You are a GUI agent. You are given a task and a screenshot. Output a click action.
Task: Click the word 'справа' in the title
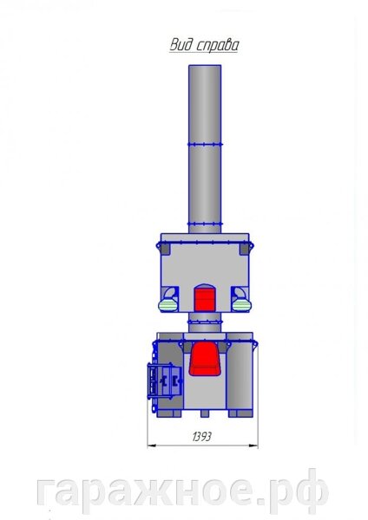217,46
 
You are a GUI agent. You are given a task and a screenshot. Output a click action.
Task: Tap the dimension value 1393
201,437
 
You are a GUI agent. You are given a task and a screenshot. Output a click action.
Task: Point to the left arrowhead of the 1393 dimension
151,446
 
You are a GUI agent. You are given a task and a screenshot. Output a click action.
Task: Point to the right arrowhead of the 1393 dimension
253,446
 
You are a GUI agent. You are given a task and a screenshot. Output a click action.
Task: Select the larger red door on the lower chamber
205,359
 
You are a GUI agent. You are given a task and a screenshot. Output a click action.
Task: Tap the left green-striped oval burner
168,305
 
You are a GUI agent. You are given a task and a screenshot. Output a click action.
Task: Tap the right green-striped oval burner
241,305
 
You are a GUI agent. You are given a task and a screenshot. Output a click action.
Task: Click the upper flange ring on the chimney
205,144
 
